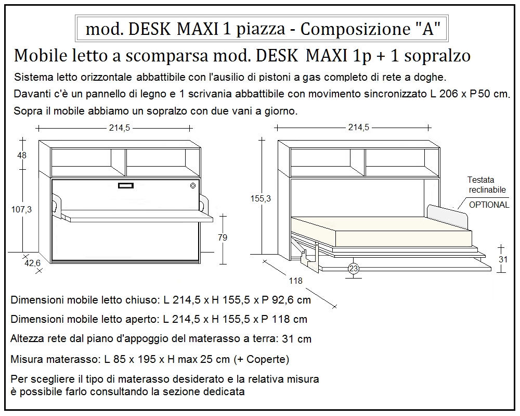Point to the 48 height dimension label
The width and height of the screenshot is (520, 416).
21,155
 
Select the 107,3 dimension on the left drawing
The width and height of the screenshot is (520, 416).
21,209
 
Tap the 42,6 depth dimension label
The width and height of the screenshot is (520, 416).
32,263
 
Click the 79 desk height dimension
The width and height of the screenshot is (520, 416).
222,237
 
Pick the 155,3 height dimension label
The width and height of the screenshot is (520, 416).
260,198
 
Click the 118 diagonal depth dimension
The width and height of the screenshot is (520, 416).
295,281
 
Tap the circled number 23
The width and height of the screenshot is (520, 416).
354,269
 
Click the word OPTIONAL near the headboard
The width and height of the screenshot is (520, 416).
489,205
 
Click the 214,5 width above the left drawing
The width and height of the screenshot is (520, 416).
116,128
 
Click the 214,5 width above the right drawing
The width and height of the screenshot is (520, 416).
358,128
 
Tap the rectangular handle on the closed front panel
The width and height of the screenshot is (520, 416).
126,186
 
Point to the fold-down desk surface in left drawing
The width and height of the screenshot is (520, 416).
135,216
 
